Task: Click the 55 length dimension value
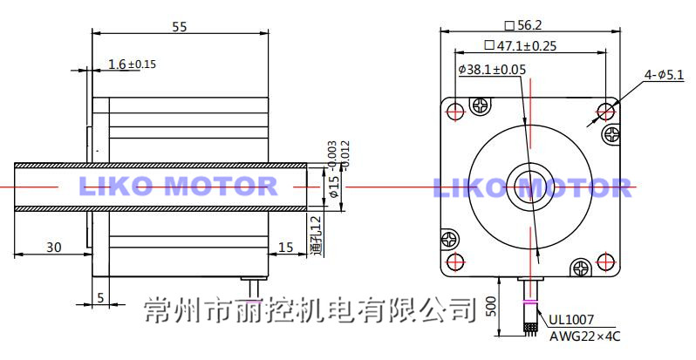[179, 27]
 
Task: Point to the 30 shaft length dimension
[53, 248]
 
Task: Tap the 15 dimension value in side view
[285, 248]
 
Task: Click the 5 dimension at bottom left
[100, 297]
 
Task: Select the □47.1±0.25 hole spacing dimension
[521, 45]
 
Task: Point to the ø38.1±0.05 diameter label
[492, 69]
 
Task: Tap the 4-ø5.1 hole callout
[663, 76]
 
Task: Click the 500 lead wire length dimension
[492, 307]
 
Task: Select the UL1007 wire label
[571, 319]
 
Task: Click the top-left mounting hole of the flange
[454, 111]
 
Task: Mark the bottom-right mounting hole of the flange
[604, 262]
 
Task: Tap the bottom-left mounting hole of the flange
[454, 262]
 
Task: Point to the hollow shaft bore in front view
[529, 186]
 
